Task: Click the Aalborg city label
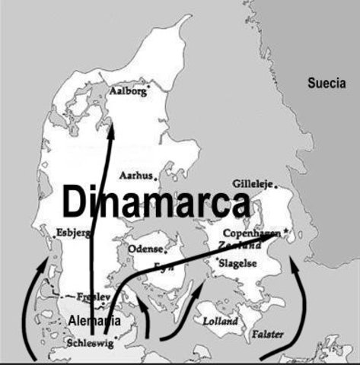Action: click(x=126, y=91)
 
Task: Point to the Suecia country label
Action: click(x=327, y=81)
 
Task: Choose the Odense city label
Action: click(x=145, y=249)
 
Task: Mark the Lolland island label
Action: click(x=220, y=321)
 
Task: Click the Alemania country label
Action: click(x=94, y=320)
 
